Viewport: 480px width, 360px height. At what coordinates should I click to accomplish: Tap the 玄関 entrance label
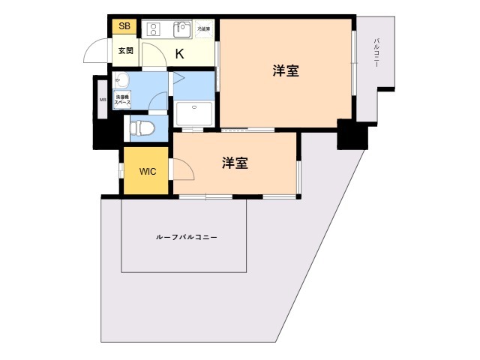click(124, 51)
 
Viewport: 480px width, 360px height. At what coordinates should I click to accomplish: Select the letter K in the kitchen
click(180, 53)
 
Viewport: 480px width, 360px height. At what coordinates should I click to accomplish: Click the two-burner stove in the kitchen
click(154, 29)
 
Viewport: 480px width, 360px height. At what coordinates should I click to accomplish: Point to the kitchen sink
click(182, 29)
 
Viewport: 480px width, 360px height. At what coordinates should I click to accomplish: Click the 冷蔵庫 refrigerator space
click(204, 30)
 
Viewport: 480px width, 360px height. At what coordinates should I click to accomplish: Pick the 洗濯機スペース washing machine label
click(122, 98)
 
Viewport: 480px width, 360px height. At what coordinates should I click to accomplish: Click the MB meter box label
click(103, 99)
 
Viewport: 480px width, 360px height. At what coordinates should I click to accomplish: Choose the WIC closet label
click(147, 171)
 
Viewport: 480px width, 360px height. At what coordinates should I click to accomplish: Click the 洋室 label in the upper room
click(286, 71)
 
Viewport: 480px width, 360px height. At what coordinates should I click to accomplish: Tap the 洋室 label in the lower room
click(235, 163)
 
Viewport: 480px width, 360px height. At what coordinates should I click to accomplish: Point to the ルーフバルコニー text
click(187, 237)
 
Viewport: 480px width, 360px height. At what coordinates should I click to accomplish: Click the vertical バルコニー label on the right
click(376, 53)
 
